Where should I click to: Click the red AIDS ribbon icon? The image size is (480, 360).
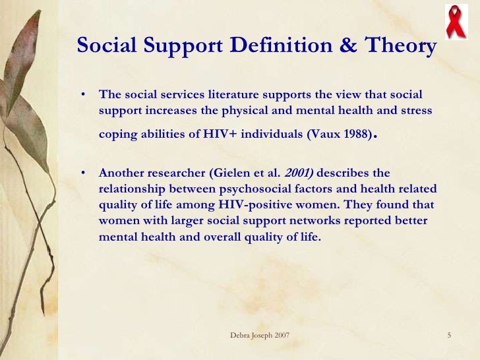[454, 21]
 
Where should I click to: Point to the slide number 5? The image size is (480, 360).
[448, 337]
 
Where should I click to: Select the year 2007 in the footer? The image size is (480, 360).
[280, 337]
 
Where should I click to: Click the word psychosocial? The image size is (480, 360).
[272, 189]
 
